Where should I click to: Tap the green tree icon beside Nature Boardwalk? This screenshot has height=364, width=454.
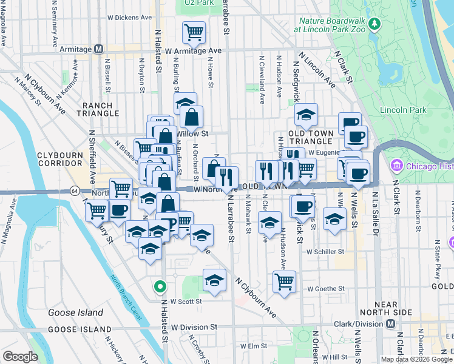point(375,24)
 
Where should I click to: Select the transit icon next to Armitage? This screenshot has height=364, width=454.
point(100,49)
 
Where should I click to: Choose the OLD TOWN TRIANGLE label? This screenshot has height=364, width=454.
point(311,138)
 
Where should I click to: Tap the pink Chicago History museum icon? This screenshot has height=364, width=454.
point(398,164)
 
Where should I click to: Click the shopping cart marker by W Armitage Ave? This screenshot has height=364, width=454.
point(194,32)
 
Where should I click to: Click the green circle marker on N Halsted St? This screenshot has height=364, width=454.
point(160,286)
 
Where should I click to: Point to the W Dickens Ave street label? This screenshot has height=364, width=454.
point(129,18)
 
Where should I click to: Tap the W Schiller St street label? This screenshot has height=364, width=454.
point(325,251)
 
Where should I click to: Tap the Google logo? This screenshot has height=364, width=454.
point(21,356)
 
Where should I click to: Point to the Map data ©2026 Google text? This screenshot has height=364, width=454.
point(415,359)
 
